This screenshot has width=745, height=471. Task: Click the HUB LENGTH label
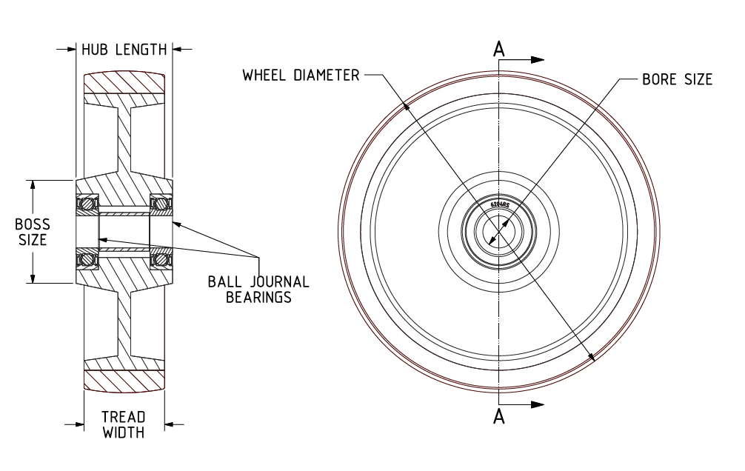click(124, 50)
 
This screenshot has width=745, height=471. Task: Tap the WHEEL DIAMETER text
click(301, 75)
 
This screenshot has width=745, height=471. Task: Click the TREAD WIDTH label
click(123, 424)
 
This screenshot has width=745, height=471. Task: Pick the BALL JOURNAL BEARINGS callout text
click(258, 290)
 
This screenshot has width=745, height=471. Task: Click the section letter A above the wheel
click(499, 49)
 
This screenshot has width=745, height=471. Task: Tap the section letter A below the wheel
click(499, 418)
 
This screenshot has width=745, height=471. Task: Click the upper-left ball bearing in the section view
click(88, 202)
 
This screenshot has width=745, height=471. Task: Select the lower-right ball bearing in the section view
click(160, 259)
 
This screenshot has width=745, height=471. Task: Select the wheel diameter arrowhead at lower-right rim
click(591, 356)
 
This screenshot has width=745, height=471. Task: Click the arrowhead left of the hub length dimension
click(69, 50)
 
